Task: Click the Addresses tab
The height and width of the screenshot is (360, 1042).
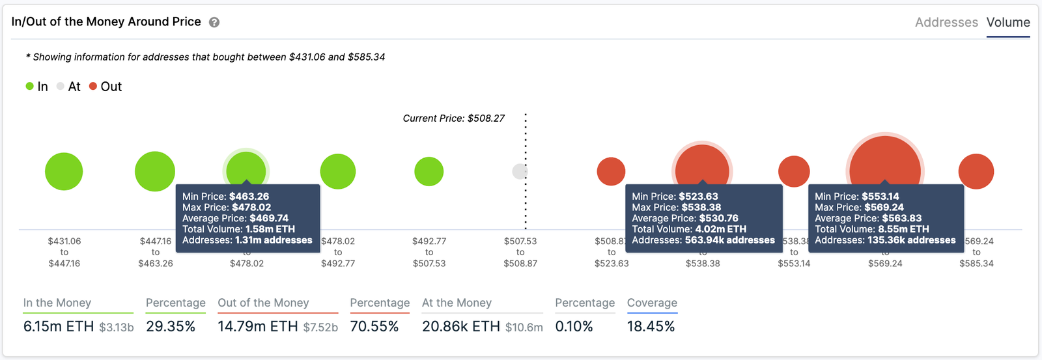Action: (946, 22)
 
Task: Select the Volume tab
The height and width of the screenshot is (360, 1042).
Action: (1007, 22)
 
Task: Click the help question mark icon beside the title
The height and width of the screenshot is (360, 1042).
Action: (214, 22)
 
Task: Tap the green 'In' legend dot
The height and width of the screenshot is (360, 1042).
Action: (29, 86)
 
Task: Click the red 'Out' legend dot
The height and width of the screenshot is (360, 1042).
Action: (93, 86)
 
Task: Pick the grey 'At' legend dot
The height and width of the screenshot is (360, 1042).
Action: (61, 86)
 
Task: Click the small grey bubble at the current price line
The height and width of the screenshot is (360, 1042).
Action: (520, 171)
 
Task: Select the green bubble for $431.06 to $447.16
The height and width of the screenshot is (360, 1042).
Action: (64, 172)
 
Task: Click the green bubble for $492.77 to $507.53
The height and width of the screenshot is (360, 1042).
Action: (429, 172)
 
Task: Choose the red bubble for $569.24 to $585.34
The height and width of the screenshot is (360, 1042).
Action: (976, 172)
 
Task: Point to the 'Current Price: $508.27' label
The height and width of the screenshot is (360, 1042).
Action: (453, 118)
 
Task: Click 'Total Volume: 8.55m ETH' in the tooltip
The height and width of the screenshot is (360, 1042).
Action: (871, 229)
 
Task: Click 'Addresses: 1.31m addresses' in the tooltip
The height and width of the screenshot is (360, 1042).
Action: (247, 240)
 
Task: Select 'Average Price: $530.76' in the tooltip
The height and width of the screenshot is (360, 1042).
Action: (684, 218)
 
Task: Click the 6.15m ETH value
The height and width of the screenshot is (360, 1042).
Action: (59, 326)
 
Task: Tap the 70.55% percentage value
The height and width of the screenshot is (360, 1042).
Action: (374, 326)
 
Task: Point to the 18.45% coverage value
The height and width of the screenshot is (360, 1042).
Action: (651, 326)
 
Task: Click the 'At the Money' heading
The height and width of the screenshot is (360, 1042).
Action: (457, 303)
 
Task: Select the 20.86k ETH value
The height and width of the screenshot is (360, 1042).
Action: (461, 326)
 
